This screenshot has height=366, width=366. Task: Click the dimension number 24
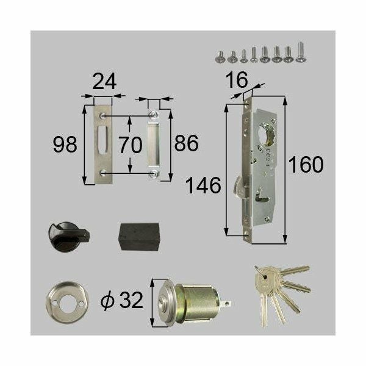point(103,81)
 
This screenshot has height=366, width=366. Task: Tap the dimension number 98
point(65,145)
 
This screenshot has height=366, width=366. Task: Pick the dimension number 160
point(305,165)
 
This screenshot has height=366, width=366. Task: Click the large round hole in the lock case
point(267,134)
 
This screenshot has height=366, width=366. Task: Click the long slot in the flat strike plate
point(102,143)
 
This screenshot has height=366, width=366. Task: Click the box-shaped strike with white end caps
point(154,145)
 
